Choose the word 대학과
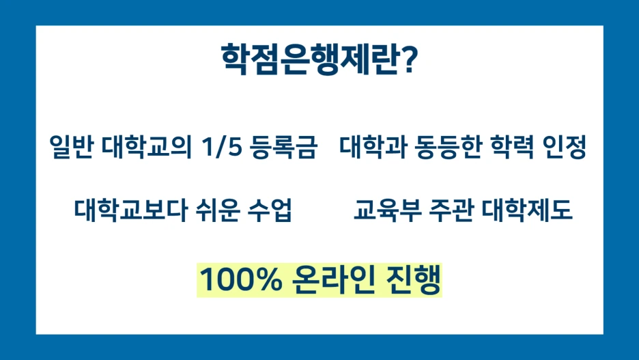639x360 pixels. tap(373, 147)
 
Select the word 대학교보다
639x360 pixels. tap(133, 211)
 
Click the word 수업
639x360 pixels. tap(272, 211)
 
